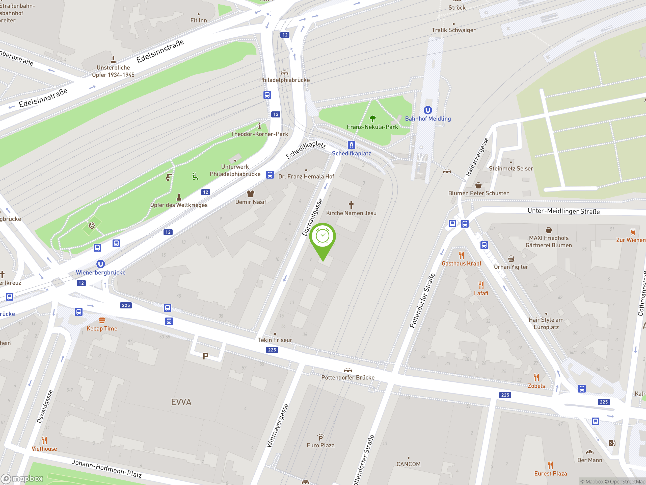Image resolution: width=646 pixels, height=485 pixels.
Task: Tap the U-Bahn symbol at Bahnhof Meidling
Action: (427, 110)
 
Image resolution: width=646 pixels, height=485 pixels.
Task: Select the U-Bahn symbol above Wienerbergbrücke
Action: (100, 264)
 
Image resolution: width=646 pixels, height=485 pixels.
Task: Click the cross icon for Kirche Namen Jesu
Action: (351, 205)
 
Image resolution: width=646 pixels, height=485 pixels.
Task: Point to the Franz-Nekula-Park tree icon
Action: (372, 119)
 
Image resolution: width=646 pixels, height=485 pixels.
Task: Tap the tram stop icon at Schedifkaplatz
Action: (351, 145)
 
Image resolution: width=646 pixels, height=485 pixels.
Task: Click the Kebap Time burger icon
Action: (102, 320)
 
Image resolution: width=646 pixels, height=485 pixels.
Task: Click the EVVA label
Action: (181, 402)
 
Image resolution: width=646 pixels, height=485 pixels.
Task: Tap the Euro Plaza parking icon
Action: (320, 437)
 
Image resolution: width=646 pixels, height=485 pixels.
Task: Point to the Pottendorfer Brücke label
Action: (347, 377)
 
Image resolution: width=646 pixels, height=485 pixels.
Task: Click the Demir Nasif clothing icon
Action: (251, 193)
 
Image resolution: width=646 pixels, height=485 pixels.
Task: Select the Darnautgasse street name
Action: (312, 217)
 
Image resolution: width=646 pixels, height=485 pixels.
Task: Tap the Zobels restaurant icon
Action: (536, 378)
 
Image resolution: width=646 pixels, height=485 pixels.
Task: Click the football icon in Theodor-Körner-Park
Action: (92, 225)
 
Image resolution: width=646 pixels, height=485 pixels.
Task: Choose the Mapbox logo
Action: (22, 478)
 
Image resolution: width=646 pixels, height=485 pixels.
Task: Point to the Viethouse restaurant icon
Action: (44, 440)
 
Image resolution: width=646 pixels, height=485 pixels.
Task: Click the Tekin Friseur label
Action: (275, 340)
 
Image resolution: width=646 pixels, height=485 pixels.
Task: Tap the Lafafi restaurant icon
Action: (481, 285)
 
